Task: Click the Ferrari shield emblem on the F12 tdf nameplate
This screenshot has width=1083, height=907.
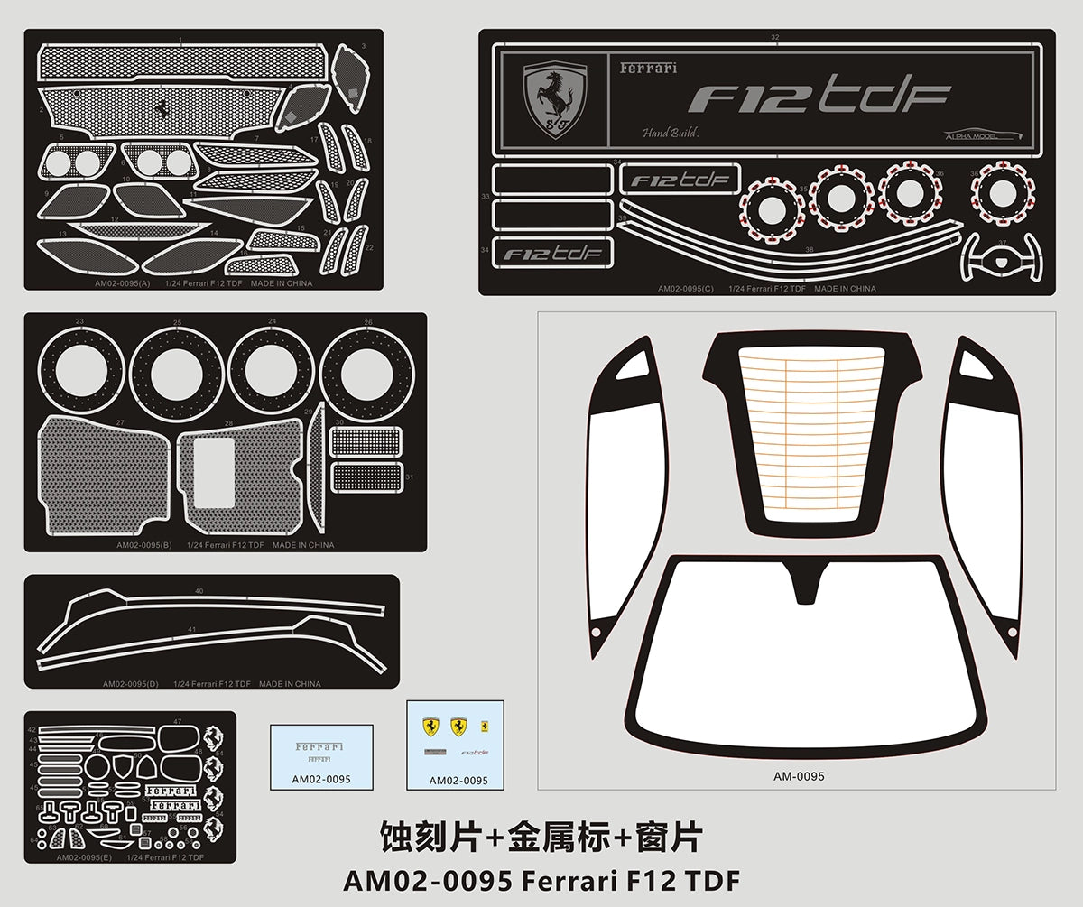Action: coord(556,100)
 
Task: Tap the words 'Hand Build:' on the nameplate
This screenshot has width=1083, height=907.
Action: coord(671,134)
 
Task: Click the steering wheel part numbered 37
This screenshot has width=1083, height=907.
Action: coord(1002,256)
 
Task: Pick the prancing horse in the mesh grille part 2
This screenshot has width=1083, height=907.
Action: coord(162,106)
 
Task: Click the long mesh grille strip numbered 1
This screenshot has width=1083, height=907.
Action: coord(180,63)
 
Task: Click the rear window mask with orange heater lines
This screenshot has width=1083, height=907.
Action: coord(811,433)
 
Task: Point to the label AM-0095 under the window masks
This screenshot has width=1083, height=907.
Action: coord(799,775)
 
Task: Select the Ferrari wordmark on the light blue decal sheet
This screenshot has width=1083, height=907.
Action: coord(319,747)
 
